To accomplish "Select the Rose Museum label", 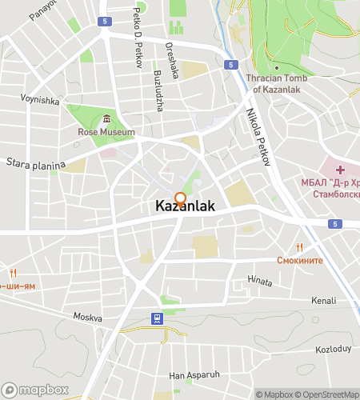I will pyautogui.click(x=106, y=132).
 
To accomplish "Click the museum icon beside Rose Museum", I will pyautogui.click(x=106, y=118).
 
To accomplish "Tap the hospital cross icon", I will pyautogui.click(x=340, y=170).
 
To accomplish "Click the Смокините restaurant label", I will pyautogui.click(x=299, y=260).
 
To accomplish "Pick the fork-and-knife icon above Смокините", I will pyautogui.click(x=300, y=246).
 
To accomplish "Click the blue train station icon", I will pyautogui.click(x=156, y=318).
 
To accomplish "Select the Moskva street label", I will pyautogui.click(x=88, y=317).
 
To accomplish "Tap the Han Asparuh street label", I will pyautogui.click(x=194, y=374).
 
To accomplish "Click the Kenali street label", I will pyautogui.click(x=324, y=301).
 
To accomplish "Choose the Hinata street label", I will pyautogui.click(x=260, y=280).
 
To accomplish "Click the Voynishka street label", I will pyautogui.click(x=40, y=101).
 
